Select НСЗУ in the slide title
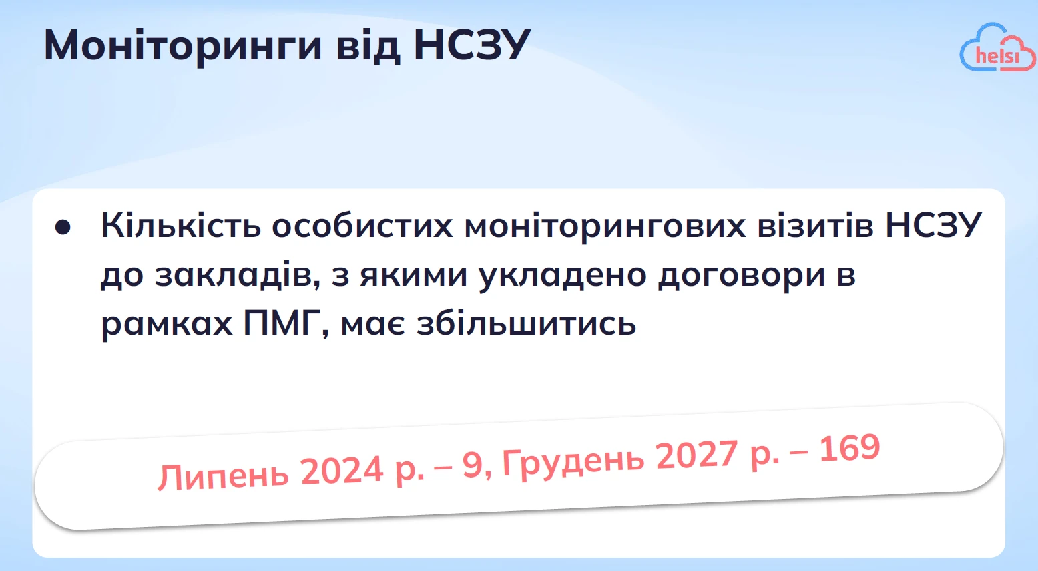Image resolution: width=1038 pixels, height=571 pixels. coord(471,45)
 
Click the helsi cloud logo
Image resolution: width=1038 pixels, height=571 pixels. coord(997,48)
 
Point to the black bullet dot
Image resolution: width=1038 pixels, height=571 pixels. coord(63,227)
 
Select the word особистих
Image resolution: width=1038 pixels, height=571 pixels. coord(362,226)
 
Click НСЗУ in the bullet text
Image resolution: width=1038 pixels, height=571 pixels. coord(933,226)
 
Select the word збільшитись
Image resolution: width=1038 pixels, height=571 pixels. coord(526,324)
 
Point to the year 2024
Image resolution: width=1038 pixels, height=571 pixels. coord(342,470)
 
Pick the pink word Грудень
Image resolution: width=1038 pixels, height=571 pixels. coord(573,460)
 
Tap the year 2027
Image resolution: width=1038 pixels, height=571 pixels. coord(696,455)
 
